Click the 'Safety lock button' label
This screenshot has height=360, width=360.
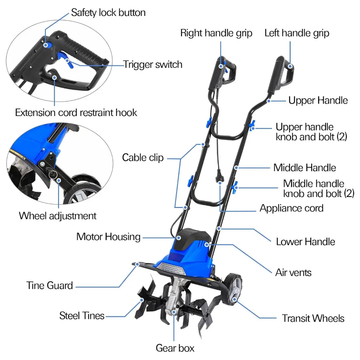click(x=108, y=13)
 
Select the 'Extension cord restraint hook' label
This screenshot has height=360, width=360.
click(x=76, y=113)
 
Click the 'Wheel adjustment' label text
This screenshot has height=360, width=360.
click(x=58, y=216)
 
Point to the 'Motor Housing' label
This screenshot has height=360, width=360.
click(x=108, y=237)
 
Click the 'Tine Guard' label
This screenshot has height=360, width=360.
click(x=50, y=285)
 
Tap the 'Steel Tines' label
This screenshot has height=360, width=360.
click(x=82, y=315)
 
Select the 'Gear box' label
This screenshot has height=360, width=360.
click(x=175, y=348)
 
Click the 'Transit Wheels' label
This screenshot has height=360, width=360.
click(x=313, y=318)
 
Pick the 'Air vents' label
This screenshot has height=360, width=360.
click(x=293, y=272)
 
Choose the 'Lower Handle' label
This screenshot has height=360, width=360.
click(x=305, y=241)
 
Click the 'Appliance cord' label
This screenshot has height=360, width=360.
click(x=291, y=208)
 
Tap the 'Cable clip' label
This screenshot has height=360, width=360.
click(x=143, y=157)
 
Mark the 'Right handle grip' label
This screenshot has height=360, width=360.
click(x=216, y=33)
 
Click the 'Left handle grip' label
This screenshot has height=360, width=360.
click(x=297, y=33)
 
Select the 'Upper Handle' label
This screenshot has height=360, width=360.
click(x=318, y=100)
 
